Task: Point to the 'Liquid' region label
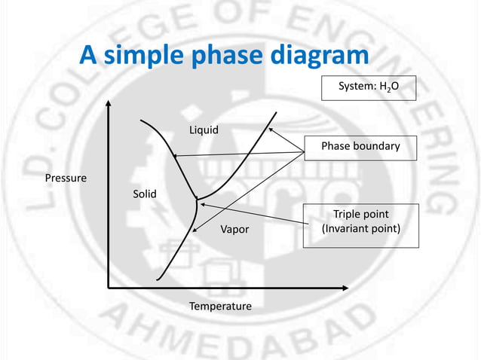(204, 130)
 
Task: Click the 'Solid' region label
(145, 194)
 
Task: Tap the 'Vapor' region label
(234, 229)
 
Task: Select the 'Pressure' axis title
(66, 178)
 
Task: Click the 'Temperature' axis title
(220, 307)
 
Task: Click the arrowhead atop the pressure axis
(108, 105)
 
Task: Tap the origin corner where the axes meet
(108, 287)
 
